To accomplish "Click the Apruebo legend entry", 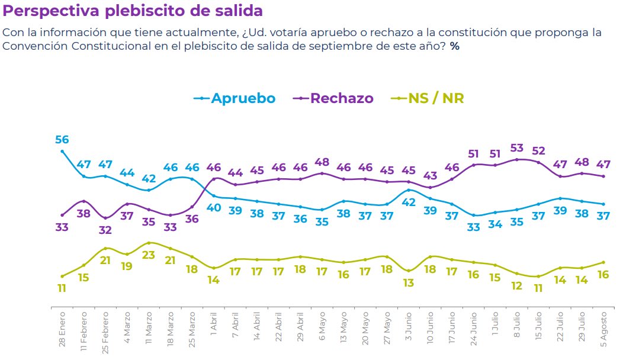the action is (x=235, y=98).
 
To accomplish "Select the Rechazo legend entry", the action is (x=333, y=98).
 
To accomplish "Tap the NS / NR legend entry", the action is (x=428, y=98).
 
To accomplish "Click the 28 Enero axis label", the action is (x=62, y=329).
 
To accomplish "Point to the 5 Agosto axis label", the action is (x=603, y=329).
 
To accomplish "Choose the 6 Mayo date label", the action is (x=322, y=326).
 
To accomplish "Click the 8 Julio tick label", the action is (x=517, y=325).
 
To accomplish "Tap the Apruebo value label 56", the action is (x=62, y=140).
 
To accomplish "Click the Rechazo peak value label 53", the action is (x=517, y=148).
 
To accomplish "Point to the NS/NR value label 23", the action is (x=149, y=255).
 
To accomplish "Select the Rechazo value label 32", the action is (x=105, y=230).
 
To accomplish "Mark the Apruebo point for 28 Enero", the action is (x=62, y=152).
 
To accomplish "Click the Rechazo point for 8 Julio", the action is (x=517, y=160).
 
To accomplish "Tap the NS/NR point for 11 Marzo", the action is (x=149, y=243).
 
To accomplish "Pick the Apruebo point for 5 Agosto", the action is (x=603, y=204).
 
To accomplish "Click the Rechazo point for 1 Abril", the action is (x=214, y=179).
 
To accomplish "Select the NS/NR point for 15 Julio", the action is (x=538, y=277).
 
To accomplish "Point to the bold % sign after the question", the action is (x=455, y=46).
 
